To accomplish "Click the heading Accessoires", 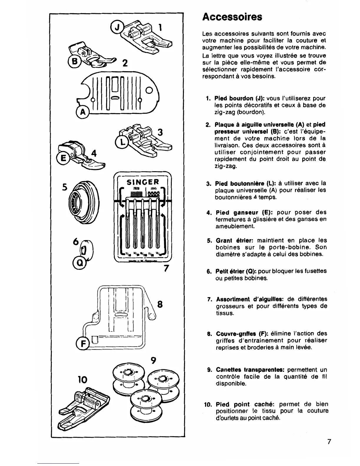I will [232, 16].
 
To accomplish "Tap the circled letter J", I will [116, 28].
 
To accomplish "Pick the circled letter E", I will [63, 158].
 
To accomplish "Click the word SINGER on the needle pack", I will [143, 182].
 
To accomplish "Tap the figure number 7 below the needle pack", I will [166, 269].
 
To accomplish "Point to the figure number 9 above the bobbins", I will [153, 360].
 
